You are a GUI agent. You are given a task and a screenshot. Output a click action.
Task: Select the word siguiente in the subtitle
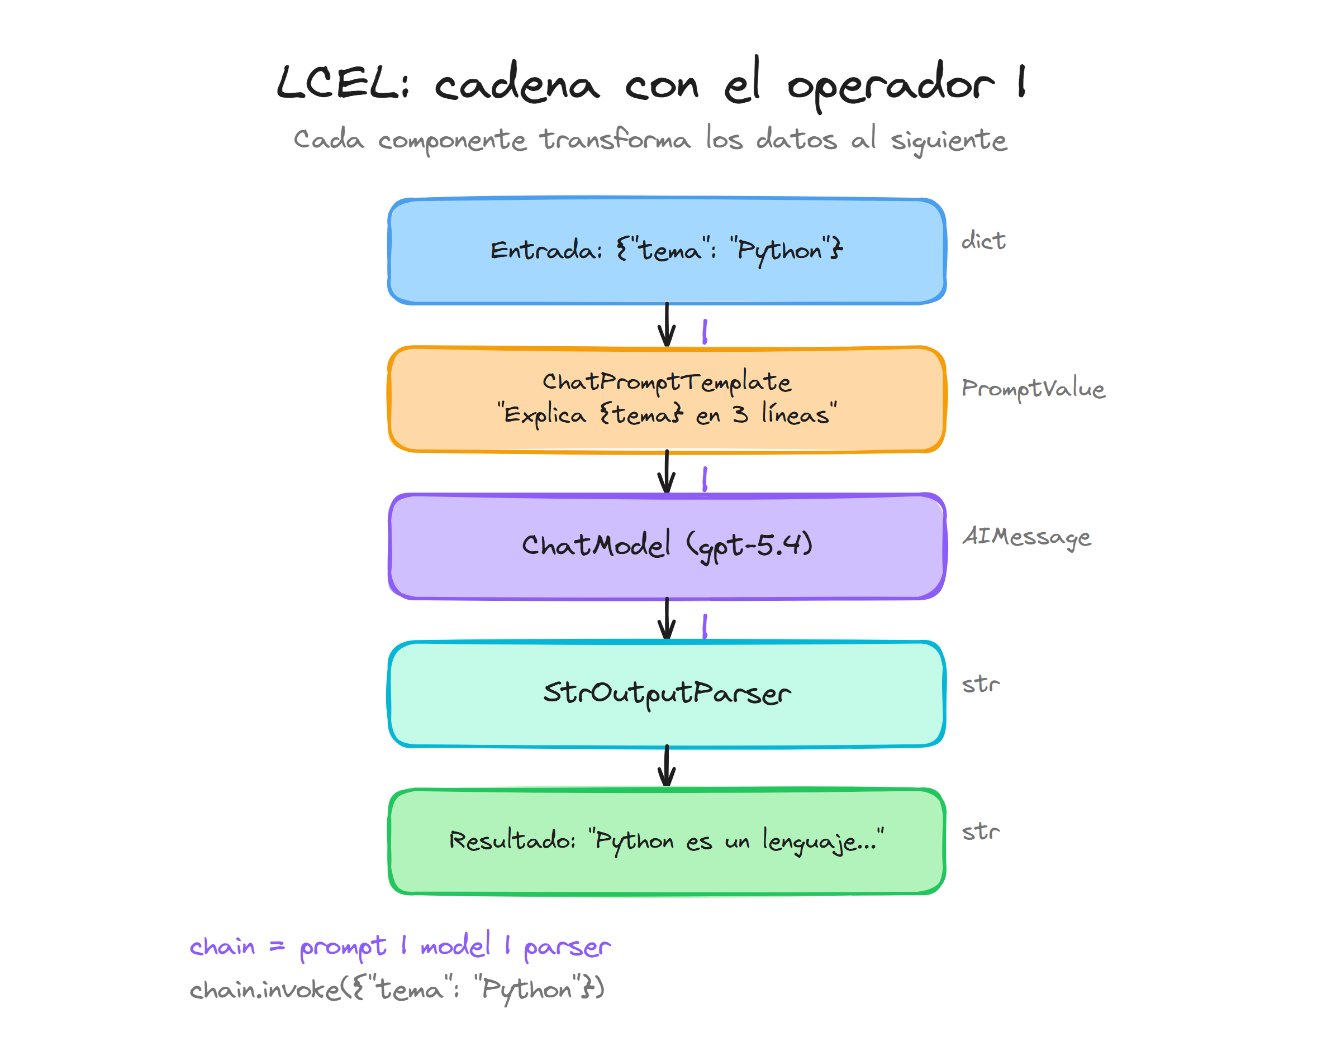click(948, 140)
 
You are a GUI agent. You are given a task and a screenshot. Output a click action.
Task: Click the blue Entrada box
click(666, 251)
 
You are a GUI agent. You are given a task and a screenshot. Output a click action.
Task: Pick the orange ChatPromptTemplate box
click(666, 399)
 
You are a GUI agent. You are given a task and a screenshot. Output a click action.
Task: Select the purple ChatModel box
click(666, 546)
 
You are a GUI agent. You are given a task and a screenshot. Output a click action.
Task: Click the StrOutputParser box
click(666, 693)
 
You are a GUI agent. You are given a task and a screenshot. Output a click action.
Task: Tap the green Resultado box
click(666, 841)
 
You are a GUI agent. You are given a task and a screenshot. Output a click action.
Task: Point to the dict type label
click(983, 241)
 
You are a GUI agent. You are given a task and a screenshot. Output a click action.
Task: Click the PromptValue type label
click(1033, 388)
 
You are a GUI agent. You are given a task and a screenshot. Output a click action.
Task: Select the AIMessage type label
click(1026, 536)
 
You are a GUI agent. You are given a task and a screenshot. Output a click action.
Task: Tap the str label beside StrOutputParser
click(981, 684)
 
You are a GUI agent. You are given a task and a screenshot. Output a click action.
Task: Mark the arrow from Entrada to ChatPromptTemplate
click(667, 325)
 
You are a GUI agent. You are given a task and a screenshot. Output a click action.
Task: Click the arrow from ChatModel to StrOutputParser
click(667, 619)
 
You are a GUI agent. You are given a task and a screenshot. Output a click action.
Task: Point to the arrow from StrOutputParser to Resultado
click(667, 767)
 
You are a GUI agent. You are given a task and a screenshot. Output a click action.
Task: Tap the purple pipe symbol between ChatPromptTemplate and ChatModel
click(705, 479)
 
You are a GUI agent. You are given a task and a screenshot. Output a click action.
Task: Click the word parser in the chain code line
click(567, 947)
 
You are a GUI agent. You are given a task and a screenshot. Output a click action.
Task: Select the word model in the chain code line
click(455, 945)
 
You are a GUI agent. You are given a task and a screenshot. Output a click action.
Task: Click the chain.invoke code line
click(397, 989)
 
